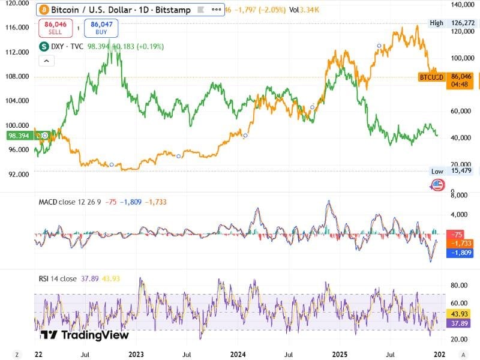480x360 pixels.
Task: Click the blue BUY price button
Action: tap(101, 28)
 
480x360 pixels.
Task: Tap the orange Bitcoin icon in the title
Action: tap(43, 10)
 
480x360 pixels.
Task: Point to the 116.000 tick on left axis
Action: tap(15, 28)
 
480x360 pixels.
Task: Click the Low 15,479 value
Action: tap(461, 172)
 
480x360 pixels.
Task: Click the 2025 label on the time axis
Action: tap(341, 354)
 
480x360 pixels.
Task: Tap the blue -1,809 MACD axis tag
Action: tap(461, 253)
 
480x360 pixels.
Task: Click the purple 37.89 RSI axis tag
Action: tap(461, 323)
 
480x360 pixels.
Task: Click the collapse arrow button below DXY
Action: tap(46, 61)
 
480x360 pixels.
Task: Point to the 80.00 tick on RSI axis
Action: tap(461, 286)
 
